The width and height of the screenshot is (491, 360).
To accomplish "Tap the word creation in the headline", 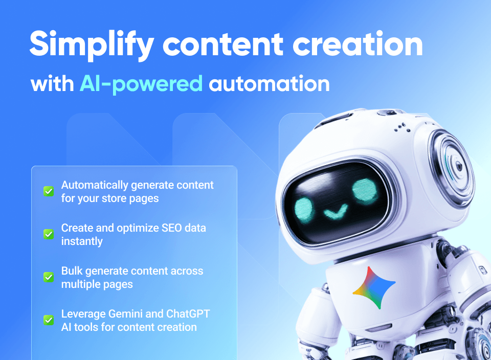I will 358,43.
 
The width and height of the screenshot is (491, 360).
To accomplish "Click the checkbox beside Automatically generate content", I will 49,191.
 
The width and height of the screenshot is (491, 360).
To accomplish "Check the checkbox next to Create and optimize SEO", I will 49,234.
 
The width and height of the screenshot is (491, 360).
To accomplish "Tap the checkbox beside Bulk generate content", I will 49,277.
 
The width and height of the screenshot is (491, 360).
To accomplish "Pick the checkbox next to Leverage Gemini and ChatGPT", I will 49,320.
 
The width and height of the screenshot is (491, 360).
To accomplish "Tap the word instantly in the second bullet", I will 82,241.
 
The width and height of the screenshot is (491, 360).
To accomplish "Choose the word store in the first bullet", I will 117,198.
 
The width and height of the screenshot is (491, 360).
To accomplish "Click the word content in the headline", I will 222,44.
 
